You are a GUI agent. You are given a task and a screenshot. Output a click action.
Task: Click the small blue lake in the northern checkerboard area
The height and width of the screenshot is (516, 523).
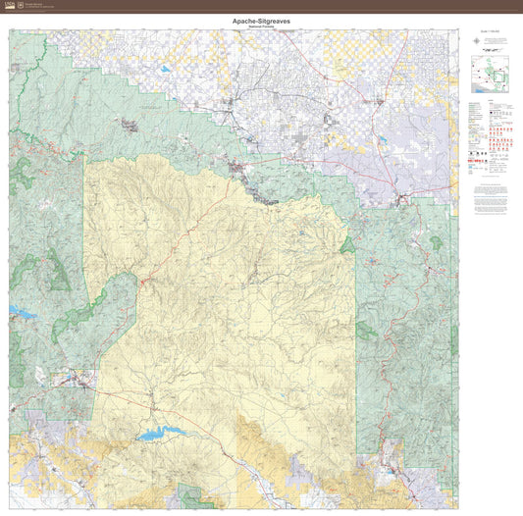click(162, 71)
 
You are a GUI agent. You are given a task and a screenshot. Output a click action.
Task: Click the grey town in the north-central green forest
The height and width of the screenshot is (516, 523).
click(129, 125)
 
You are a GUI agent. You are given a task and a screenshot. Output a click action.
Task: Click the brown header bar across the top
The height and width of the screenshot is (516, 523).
click(261, 5)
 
